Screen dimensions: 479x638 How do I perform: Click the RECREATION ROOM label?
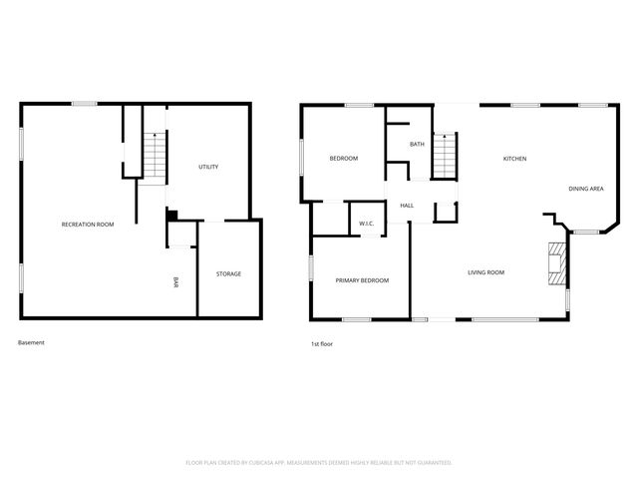[88, 225]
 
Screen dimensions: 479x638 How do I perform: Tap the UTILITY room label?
[208, 167]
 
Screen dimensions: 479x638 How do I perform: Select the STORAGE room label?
[229, 274]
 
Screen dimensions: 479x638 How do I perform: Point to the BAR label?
[176, 283]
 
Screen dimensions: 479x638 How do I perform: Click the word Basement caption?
[31, 343]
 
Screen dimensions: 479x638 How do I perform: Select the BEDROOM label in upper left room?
[344, 159]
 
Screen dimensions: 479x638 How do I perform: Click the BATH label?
[417, 145]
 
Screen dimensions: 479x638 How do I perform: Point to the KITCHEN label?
[514, 159]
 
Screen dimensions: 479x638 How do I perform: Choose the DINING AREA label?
[585, 189]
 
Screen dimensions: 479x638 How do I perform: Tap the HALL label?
[407, 206]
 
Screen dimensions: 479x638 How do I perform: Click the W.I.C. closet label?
[366, 224]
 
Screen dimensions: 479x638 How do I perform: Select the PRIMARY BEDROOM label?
[362, 280]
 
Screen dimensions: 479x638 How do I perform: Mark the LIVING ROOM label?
[486, 272]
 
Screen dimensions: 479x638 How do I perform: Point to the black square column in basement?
[171, 214]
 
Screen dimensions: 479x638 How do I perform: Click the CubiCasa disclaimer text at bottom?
[319, 463]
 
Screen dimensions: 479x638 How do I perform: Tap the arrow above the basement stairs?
[155, 137]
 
